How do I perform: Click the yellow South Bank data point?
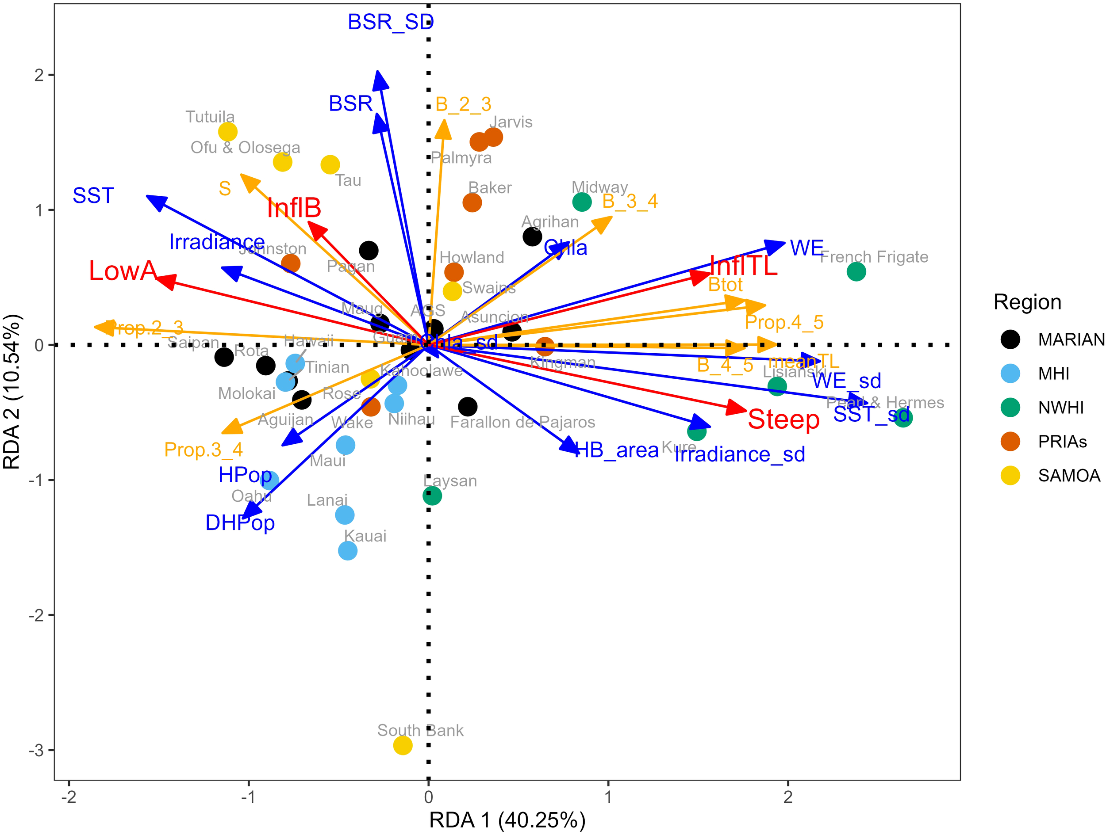(403, 746)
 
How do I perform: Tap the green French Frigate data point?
(856, 272)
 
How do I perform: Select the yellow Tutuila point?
(227, 132)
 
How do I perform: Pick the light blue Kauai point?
(347, 551)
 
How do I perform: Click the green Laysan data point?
(432, 496)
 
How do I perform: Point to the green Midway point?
(581, 202)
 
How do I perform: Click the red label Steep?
(783, 419)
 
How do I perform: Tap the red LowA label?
(123, 271)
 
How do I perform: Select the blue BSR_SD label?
(391, 22)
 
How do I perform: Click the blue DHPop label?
(240, 522)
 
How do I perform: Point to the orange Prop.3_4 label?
(203, 450)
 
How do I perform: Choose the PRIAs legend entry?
(1062, 442)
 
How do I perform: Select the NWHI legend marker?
(1010, 408)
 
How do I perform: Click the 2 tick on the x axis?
(788, 797)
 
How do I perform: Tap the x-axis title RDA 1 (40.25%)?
(507, 820)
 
